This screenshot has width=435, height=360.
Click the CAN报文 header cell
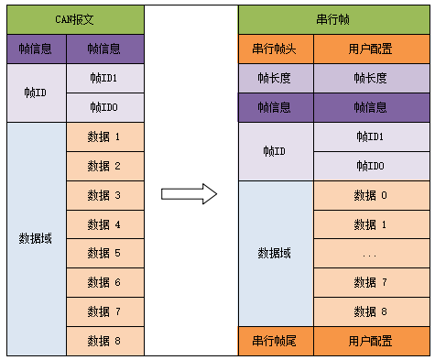point(75,19)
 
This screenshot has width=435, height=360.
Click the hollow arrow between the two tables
point(189,193)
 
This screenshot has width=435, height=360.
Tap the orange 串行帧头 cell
point(276,49)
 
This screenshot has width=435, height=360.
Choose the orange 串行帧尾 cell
point(276,341)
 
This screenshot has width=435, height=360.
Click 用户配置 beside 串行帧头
point(370,49)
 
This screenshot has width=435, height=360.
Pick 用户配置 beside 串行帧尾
point(370,341)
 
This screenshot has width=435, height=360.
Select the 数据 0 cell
point(370,195)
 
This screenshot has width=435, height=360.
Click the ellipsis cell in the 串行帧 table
point(370,254)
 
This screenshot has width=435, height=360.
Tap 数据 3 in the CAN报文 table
point(104,195)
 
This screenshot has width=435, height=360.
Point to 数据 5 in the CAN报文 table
point(104,254)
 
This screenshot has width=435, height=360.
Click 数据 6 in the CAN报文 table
point(104,283)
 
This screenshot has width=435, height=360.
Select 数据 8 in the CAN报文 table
point(104,341)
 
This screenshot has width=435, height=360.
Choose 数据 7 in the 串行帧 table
point(370,283)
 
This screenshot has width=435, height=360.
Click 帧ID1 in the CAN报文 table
point(104,79)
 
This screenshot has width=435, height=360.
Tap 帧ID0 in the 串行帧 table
point(370,166)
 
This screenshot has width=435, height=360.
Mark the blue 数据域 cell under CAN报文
point(36,238)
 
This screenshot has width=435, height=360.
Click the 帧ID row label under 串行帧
point(276,151)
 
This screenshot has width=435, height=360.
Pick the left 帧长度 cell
point(276,79)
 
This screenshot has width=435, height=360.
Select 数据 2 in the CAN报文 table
point(104,166)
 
